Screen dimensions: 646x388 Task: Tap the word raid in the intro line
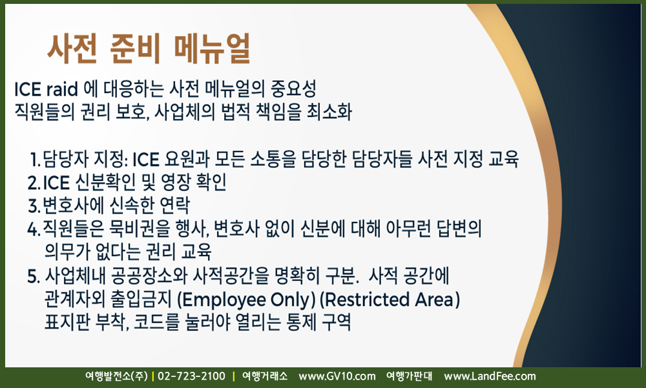pyautogui.click(x=62, y=89)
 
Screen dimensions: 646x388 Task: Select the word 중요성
pyautogui.click(x=293, y=89)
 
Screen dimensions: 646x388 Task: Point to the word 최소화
pyautogui.click(x=329, y=112)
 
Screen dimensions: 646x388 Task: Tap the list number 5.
pyautogui.click(x=34, y=277)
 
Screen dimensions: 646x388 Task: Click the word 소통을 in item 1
pyautogui.click(x=273, y=159)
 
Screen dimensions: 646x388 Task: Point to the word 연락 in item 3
pyautogui.click(x=175, y=206)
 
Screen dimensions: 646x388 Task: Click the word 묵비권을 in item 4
pyautogui.click(x=140, y=228)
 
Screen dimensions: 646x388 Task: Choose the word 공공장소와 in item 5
pyautogui.click(x=150, y=276)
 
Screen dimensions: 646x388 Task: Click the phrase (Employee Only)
pyautogui.click(x=246, y=300)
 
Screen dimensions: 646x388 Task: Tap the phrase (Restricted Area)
pyautogui.click(x=390, y=300)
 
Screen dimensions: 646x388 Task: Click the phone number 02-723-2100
pyautogui.click(x=192, y=376)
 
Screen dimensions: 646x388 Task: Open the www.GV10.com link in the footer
pyautogui.click(x=337, y=376)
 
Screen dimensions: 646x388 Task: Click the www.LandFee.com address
pyautogui.click(x=490, y=376)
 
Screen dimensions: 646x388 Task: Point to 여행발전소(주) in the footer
pyautogui.click(x=116, y=376)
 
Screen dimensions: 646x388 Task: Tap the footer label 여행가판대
pyautogui.click(x=409, y=376)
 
